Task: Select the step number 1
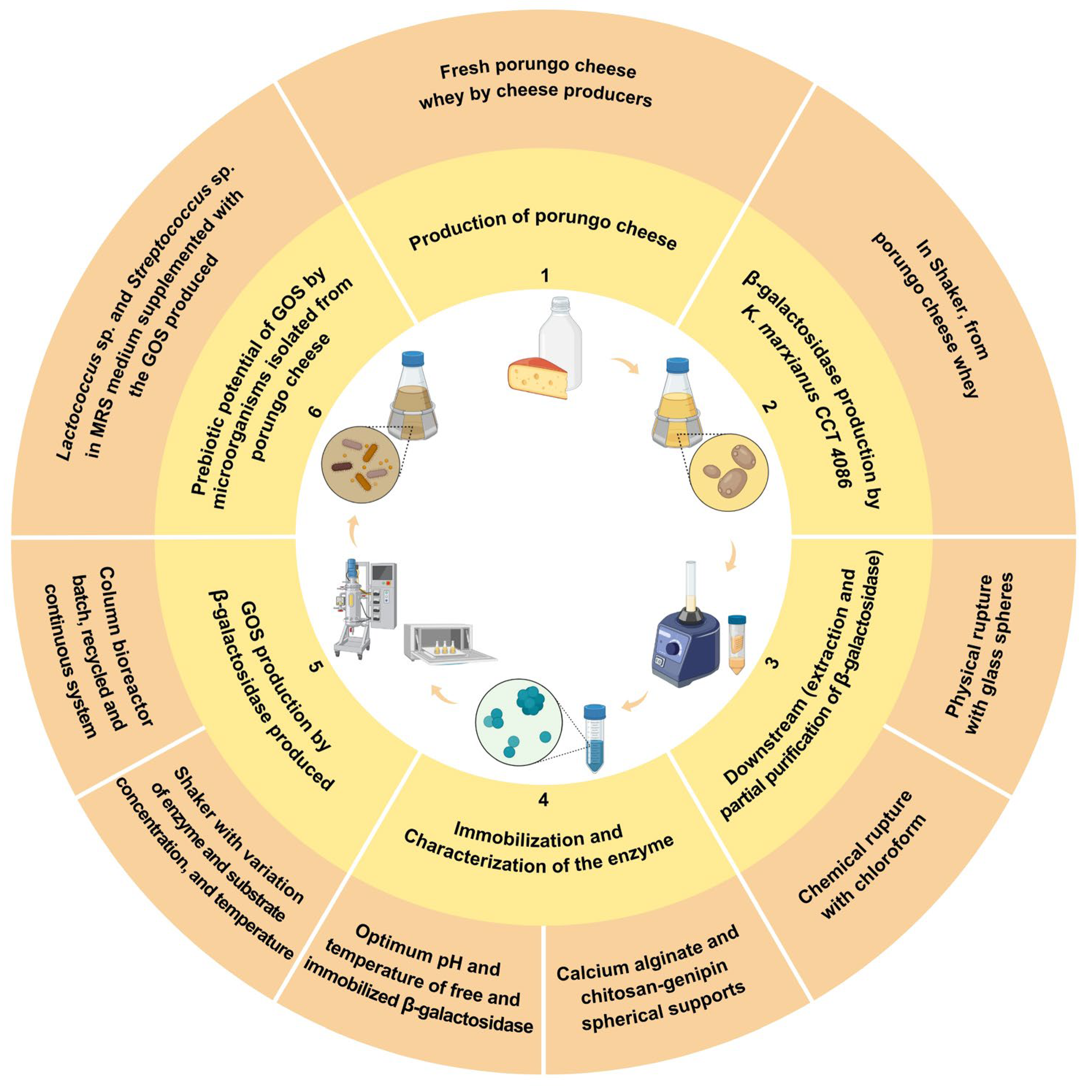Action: pyautogui.click(x=545, y=275)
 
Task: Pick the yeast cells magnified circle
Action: pyautogui.click(x=729, y=472)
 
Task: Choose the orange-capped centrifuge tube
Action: pyautogui.click(x=737, y=644)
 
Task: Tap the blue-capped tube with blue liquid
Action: pyautogui.click(x=595, y=738)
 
